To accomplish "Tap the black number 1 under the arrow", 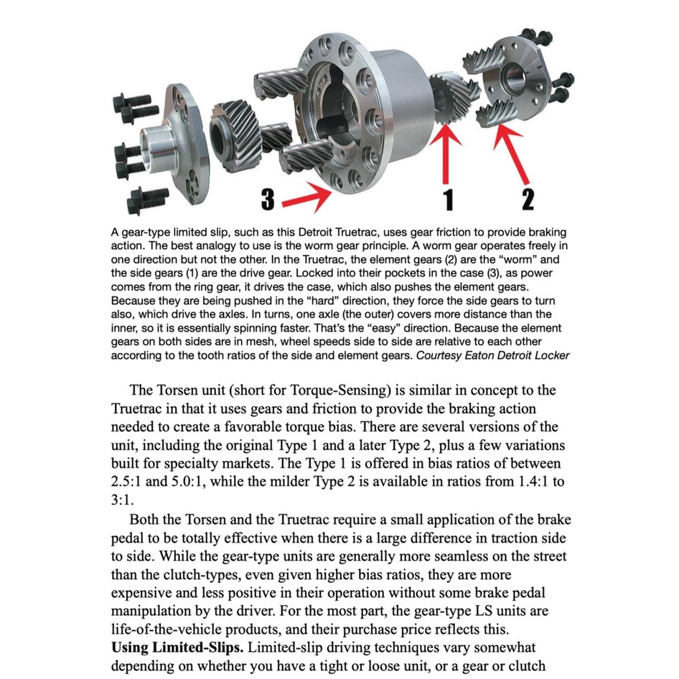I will [449, 199].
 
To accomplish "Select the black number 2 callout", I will [528, 198].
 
